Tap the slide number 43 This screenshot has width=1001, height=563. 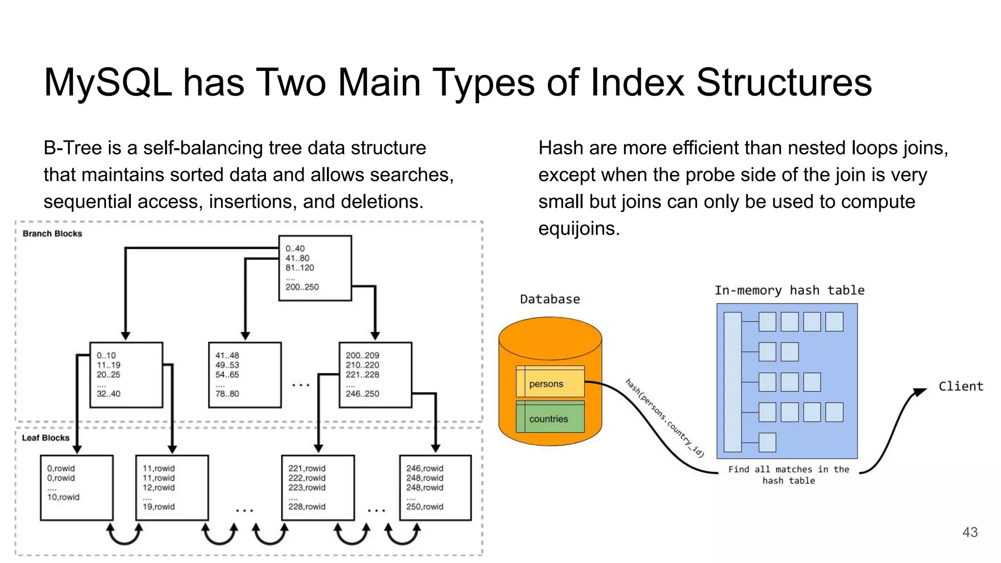pos(970,532)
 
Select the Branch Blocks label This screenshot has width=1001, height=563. pos(52,234)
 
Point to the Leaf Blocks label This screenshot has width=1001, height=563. pos(45,438)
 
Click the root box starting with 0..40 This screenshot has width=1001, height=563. pos(315,268)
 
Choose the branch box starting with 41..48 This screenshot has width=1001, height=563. pos(244,375)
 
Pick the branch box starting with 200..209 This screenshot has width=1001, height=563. pos(375,375)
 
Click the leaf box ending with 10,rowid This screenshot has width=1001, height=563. pos(77,488)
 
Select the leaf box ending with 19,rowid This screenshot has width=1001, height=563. pos(172,488)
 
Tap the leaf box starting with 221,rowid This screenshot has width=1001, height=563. pos(318,488)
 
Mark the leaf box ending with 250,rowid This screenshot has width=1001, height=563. pos(435,488)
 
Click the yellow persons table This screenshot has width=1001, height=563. pos(550,384)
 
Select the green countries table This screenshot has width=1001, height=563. pos(550,419)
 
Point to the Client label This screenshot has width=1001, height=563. pos(960,387)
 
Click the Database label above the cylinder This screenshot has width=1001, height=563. pos(550,299)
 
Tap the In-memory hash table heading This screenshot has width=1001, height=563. pos(789,290)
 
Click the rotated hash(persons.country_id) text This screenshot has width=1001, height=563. pos(665,418)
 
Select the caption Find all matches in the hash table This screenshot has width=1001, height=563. pos(788,475)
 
